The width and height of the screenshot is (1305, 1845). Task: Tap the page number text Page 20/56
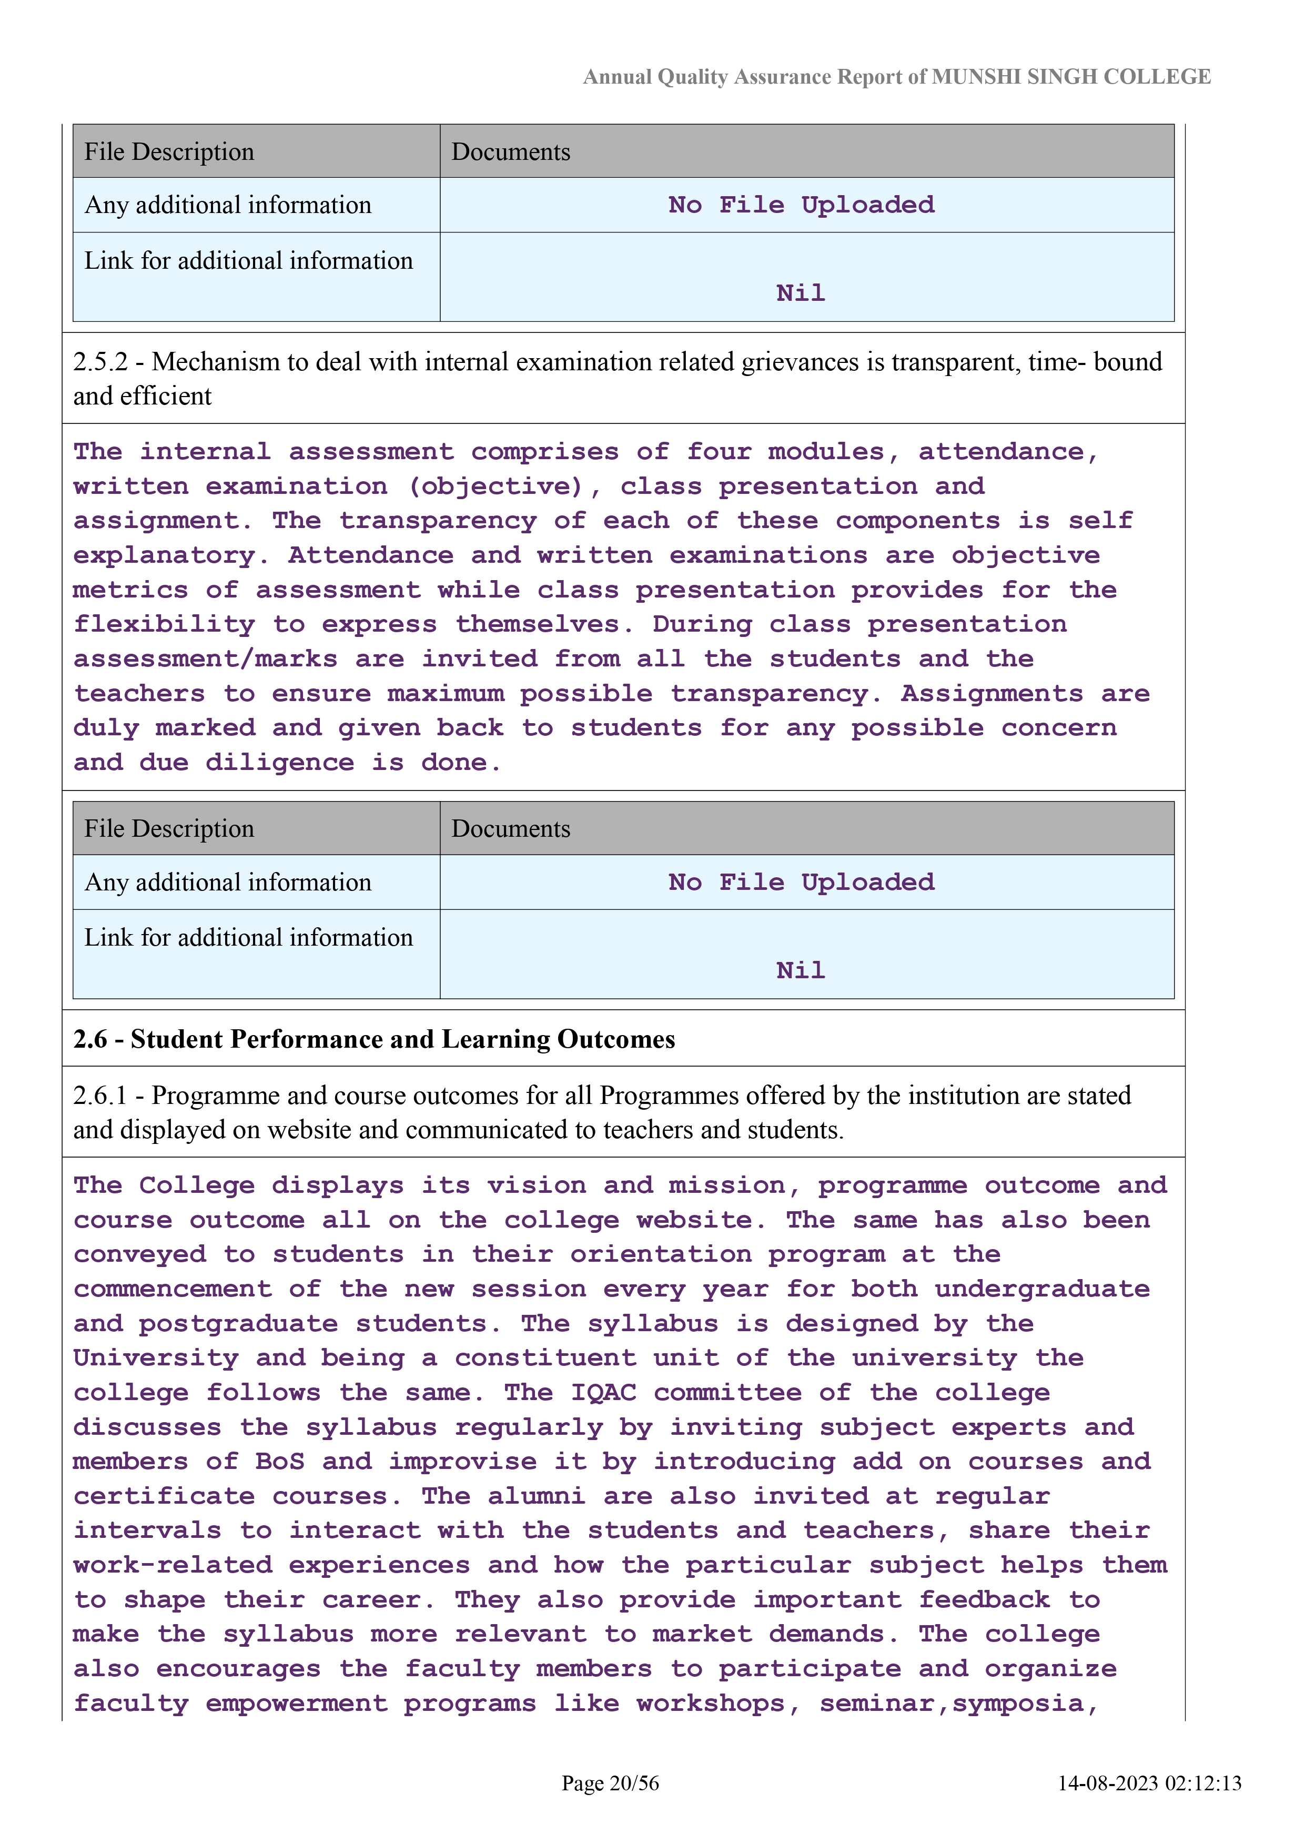click(x=610, y=1783)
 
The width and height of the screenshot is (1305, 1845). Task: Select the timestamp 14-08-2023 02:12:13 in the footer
click(x=1149, y=1783)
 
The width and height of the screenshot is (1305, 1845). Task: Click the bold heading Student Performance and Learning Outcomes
click(x=402, y=1040)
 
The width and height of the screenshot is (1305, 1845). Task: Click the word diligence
click(x=280, y=763)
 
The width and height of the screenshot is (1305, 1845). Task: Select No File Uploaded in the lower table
click(x=801, y=883)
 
